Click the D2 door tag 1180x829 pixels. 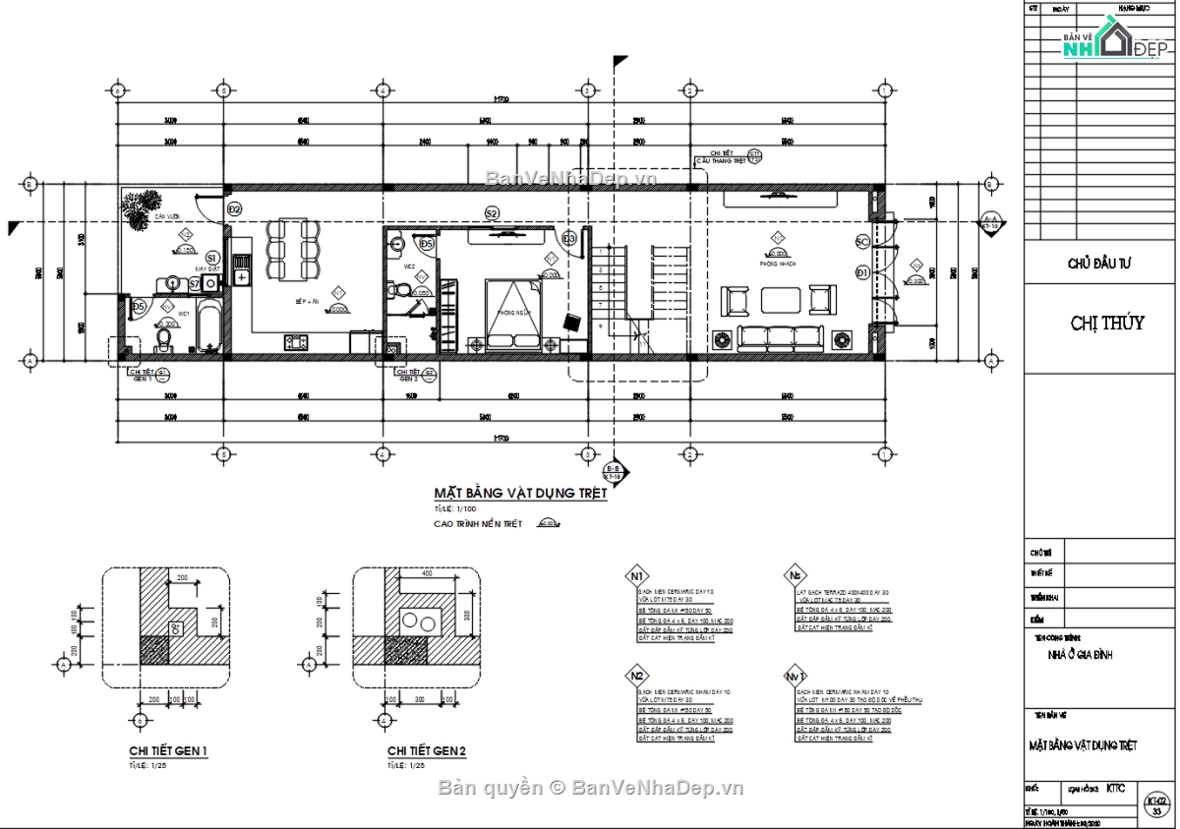(x=235, y=209)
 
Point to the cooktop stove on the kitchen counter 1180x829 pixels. (x=294, y=342)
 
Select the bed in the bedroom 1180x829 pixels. (x=511, y=313)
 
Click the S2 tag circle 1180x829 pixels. (x=492, y=212)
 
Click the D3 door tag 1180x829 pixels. (x=569, y=238)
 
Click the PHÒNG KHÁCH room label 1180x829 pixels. (x=776, y=265)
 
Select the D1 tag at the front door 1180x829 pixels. (x=861, y=272)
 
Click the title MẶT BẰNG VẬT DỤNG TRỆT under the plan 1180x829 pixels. (x=520, y=494)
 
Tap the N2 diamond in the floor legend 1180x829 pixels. (x=638, y=677)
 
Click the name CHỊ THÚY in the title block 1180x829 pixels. (x=1106, y=324)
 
